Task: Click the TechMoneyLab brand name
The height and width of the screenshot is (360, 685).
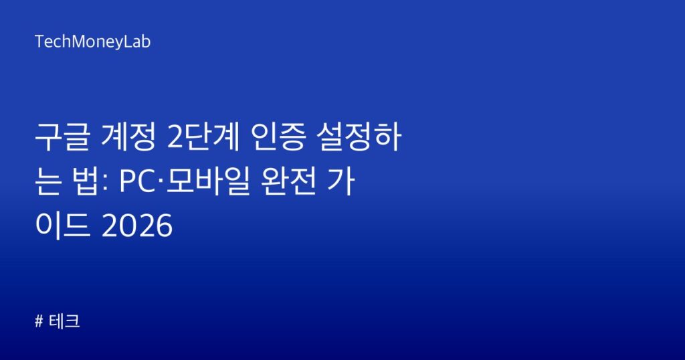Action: click(x=92, y=42)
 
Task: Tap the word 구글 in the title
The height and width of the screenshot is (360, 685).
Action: click(x=62, y=137)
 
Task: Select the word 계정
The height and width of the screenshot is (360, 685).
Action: click(x=128, y=137)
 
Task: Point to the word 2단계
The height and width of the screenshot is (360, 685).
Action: click(x=203, y=137)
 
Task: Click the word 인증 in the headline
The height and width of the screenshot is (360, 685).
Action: click(x=278, y=137)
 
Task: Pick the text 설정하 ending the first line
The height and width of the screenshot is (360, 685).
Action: click(x=359, y=137)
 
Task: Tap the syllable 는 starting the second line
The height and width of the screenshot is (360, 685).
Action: click(x=48, y=181)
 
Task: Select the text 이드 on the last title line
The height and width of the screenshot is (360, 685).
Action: click(x=62, y=226)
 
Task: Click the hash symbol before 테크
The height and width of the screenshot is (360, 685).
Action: click(x=39, y=322)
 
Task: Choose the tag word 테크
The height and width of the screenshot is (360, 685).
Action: click(x=64, y=322)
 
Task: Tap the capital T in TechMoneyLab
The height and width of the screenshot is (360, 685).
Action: click(x=39, y=42)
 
